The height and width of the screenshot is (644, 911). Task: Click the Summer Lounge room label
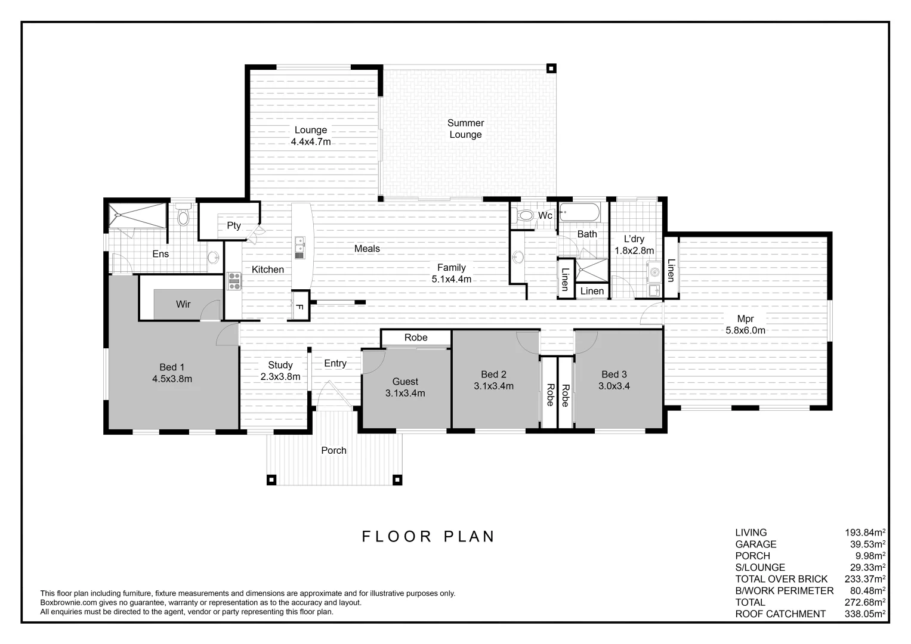465,129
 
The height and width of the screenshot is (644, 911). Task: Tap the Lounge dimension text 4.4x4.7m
310,142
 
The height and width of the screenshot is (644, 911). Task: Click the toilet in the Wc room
525,215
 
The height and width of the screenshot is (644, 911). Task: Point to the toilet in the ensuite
183,215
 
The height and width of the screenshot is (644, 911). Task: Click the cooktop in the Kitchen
233,281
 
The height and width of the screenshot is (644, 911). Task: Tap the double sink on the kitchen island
299,247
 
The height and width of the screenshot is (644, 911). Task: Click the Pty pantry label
234,225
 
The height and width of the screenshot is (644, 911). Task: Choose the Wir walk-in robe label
183,304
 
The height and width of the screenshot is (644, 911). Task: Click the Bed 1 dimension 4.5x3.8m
172,379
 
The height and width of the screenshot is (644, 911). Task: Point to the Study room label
280,365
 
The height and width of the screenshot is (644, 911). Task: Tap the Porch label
333,450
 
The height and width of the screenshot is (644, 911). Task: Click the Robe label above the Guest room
416,338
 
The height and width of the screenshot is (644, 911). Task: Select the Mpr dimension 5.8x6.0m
745,330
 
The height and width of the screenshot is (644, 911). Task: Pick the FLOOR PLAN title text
428,536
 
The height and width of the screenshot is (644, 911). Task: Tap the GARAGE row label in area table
756,544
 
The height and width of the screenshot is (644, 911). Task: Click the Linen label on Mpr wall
671,270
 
